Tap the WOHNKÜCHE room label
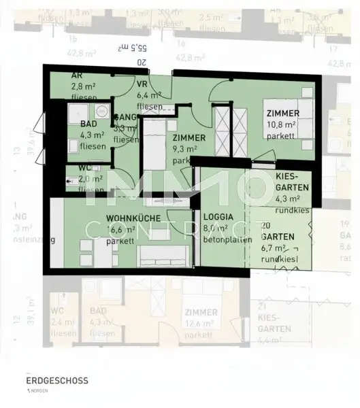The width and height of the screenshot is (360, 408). point(133,218)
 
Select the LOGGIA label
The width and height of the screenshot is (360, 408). point(218,218)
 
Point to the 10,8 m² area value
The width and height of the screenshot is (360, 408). point(282,124)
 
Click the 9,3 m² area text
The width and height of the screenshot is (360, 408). point(184,149)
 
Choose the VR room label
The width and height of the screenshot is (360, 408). point(142,84)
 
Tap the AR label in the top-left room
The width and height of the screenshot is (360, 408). point(78,76)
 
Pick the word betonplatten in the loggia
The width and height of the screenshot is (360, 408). point(223,240)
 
